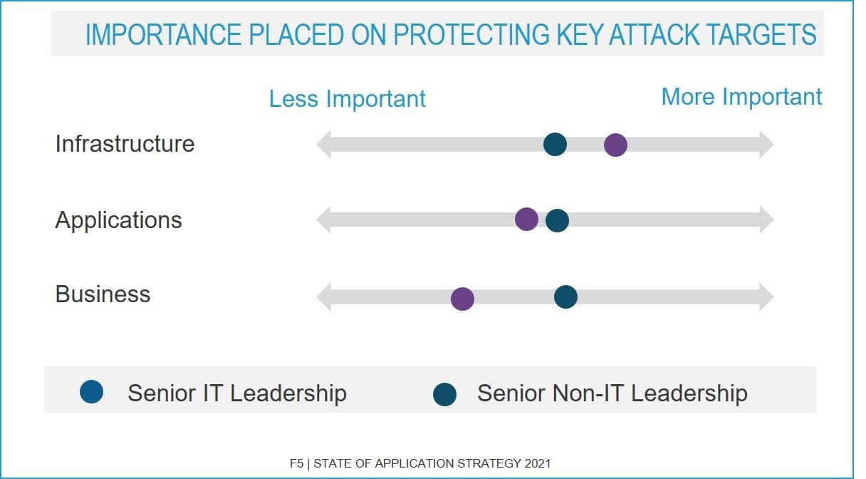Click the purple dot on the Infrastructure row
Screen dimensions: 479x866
point(615,145)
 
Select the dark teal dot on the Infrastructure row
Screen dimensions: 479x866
point(555,144)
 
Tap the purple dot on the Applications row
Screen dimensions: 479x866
point(526,220)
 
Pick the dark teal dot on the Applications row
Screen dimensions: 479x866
point(557,220)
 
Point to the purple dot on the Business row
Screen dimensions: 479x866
point(462,299)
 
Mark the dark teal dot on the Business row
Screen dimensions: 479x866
point(565,297)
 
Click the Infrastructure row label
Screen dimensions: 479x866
point(125,143)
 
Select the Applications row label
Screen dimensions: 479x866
point(118,220)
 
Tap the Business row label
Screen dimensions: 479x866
point(103,294)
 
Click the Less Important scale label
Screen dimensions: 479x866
point(348,98)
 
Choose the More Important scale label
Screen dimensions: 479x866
point(741,96)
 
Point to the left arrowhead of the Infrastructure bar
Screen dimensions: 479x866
point(324,145)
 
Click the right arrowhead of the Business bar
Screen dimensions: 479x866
point(766,297)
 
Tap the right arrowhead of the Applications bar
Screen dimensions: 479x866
point(766,220)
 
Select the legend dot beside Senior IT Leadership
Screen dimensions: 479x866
point(92,391)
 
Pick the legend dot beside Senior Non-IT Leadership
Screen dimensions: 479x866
point(444,393)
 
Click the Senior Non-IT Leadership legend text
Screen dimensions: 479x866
point(612,393)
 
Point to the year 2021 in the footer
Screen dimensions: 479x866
point(537,463)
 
